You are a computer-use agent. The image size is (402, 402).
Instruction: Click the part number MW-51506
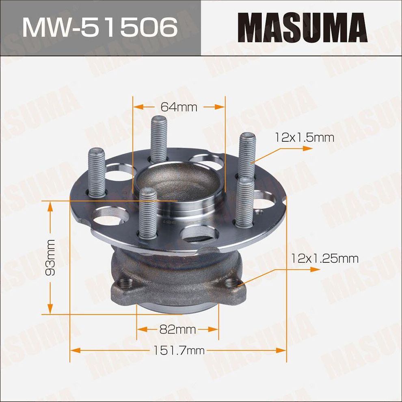point(100,28)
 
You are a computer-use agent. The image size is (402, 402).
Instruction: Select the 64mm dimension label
point(179,107)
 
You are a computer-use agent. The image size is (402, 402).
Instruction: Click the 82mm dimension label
point(177,329)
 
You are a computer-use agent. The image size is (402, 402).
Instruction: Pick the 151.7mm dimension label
point(179,350)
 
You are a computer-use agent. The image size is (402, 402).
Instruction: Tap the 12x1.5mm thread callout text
point(304,138)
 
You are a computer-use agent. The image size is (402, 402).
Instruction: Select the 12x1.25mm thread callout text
point(324,258)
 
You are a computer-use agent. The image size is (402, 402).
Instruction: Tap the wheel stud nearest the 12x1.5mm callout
point(247,156)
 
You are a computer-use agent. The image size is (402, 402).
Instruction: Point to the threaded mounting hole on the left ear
point(123,283)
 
